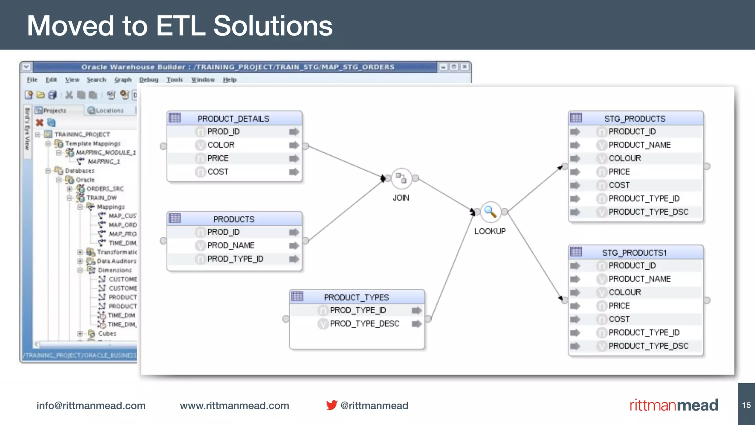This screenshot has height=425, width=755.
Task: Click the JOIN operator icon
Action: coord(401,179)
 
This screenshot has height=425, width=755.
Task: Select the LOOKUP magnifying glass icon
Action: coord(490,212)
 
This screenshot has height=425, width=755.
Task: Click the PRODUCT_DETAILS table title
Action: coord(233,119)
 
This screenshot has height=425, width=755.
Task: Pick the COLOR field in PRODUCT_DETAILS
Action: coord(221,145)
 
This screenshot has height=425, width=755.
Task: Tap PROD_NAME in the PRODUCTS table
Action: coord(231,246)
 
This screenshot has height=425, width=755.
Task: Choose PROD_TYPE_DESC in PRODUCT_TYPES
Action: coord(364,324)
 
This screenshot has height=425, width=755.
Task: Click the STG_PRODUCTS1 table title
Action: coord(634,253)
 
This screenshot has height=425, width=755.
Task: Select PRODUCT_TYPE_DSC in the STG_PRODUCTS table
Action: coord(648,212)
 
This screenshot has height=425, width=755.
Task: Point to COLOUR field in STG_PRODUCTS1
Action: coord(624,293)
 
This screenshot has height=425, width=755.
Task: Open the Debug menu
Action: coord(149,80)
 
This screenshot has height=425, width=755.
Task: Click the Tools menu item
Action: coord(174,80)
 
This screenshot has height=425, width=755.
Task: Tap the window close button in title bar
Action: coord(465,67)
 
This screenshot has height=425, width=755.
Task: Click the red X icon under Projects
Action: coord(39,122)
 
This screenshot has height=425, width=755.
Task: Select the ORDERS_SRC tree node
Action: coord(105,189)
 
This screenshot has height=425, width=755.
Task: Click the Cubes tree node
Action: coord(107,334)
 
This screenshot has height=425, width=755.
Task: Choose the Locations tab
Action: coord(109,111)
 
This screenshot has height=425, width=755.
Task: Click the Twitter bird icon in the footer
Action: coord(331,405)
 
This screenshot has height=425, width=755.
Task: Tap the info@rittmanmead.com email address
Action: coord(91,405)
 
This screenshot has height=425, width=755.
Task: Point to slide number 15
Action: coord(746,405)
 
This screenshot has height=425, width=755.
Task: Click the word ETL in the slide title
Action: coord(180,26)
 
